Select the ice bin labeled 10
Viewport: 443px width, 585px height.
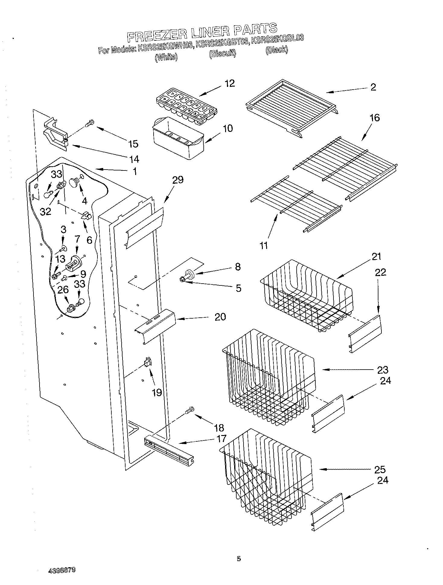pyautogui.click(x=178, y=139)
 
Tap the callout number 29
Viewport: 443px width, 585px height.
pyautogui.click(x=178, y=180)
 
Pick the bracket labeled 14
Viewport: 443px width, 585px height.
pyautogui.click(x=56, y=136)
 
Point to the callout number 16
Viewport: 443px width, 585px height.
pyautogui.click(x=374, y=118)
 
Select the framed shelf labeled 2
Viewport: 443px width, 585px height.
pyautogui.click(x=291, y=104)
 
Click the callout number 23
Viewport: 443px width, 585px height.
pyautogui.click(x=382, y=370)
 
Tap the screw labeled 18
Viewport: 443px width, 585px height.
pyautogui.click(x=190, y=410)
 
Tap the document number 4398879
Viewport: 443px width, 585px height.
pyautogui.click(x=62, y=569)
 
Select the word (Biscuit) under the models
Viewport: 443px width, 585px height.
pyautogui.click(x=222, y=54)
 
